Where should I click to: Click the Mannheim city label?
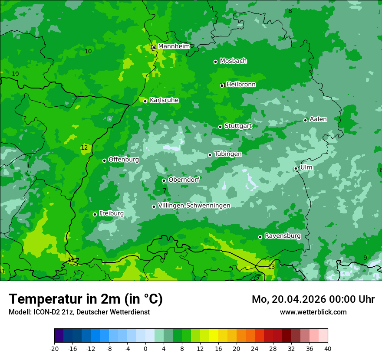[x=174, y=46]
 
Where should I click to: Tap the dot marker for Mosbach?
[x=215, y=62]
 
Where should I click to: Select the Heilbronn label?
[x=241, y=85]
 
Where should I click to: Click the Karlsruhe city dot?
[x=145, y=101]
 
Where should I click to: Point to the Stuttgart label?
[x=238, y=126]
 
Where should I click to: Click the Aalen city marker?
[x=305, y=120]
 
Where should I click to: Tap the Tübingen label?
[x=227, y=154]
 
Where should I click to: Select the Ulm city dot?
[x=296, y=168]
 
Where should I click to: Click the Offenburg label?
[x=124, y=160]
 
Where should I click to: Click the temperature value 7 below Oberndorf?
[x=165, y=190]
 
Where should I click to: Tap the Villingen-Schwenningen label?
[x=194, y=206]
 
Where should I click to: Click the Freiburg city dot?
[x=95, y=214]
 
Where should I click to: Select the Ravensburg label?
[x=283, y=236]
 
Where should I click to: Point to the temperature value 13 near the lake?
[x=271, y=267]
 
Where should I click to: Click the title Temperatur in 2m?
[x=86, y=299]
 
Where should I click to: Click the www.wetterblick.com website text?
[x=313, y=312]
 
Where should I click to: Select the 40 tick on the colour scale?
[x=327, y=348]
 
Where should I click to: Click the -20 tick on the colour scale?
[x=54, y=348]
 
